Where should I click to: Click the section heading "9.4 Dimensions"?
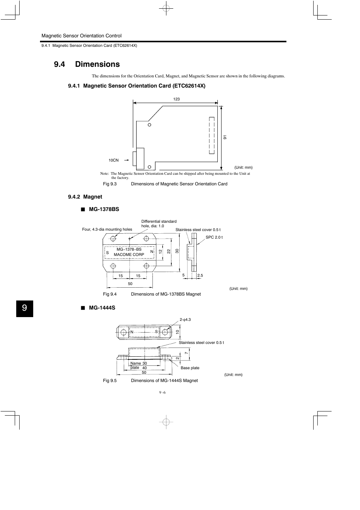click(87, 64)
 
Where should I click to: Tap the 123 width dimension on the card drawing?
click(176, 99)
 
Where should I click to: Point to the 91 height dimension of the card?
click(225, 137)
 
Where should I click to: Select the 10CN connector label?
click(114, 160)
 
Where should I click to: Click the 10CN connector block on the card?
click(138, 159)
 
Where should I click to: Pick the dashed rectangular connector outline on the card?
click(212, 135)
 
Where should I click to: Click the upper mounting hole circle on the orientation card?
click(149, 125)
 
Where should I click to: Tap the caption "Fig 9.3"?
click(110, 184)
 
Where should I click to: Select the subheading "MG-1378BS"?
click(104, 209)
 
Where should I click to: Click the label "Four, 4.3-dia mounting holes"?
click(107, 229)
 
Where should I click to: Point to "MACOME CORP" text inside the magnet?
click(129, 254)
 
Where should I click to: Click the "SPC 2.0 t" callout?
click(214, 237)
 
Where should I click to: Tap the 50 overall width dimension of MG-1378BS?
click(130, 284)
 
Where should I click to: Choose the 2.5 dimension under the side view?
click(200, 276)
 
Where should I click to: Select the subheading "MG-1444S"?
click(102, 308)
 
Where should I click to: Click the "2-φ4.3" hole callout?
click(185, 320)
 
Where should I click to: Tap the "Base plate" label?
click(190, 368)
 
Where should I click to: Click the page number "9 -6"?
click(162, 393)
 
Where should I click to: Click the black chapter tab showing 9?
click(25, 308)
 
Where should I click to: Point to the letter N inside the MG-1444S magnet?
click(132, 332)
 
